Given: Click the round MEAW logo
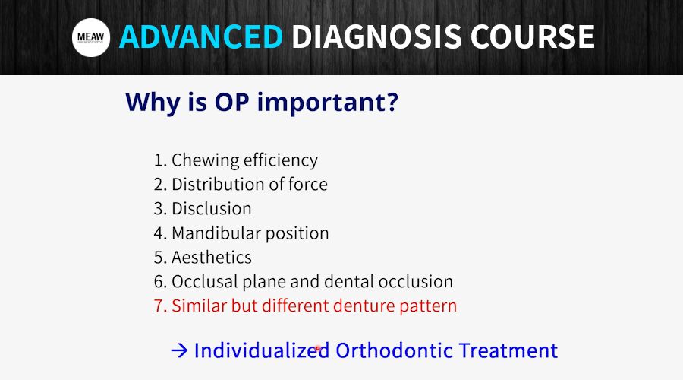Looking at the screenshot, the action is pyautogui.click(x=91, y=37).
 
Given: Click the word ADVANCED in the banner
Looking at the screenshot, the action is pyautogui.click(x=201, y=36).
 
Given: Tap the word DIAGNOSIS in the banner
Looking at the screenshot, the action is pyautogui.click(x=376, y=36).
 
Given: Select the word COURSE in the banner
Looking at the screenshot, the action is pyautogui.click(x=532, y=36).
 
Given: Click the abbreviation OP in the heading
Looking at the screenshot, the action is pyautogui.click(x=231, y=102).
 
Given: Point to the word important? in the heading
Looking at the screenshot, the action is pyautogui.click(x=328, y=103).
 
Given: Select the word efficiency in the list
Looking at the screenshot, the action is pyautogui.click(x=281, y=161).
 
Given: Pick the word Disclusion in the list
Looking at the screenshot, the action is pyautogui.click(x=212, y=208).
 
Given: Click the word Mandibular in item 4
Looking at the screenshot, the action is pyautogui.click(x=216, y=233).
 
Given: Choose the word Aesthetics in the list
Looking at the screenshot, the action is pyautogui.click(x=212, y=258).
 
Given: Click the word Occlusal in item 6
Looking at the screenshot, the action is pyautogui.click(x=205, y=281).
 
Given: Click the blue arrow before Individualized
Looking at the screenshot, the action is pyautogui.click(x=179, y=350).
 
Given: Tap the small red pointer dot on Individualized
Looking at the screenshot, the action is pyautogui.click(x=317, y=348).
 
